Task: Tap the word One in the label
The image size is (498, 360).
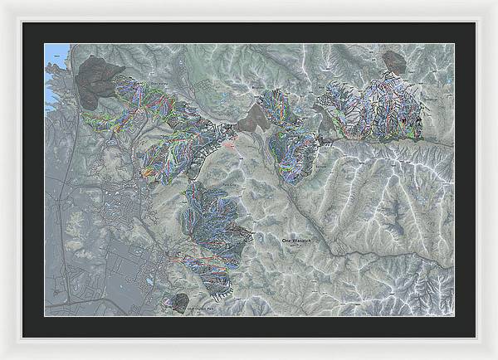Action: tap(286, 240)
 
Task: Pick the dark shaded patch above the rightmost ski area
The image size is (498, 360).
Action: tap(393, 61)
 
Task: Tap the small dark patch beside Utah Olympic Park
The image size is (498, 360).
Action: tap(176, 299)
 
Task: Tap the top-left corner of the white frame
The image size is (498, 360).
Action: tap(2, 2)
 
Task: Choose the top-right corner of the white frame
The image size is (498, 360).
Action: tap(495, 2)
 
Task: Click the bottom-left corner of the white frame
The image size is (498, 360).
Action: tap(2, 357)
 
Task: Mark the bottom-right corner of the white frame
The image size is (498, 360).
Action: tap(495, 357)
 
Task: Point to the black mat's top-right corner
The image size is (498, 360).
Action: tap(475, 23)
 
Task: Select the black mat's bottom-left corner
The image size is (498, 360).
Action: tap(23, 337)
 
